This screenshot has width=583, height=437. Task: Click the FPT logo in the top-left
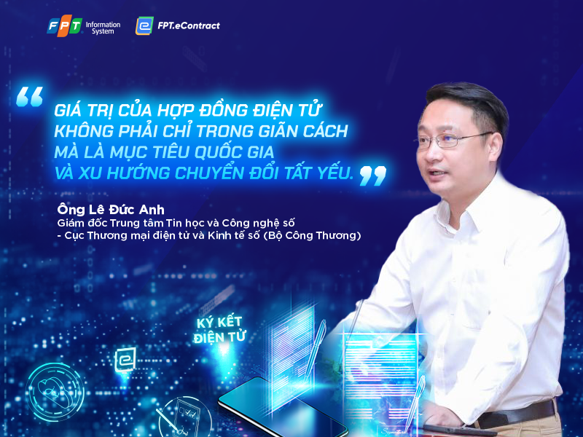coord(64,26)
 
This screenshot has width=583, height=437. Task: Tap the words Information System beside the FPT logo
coord(102,28)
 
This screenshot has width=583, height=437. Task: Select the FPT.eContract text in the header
coord(188,26)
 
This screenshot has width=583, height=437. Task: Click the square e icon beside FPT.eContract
coord(144,26)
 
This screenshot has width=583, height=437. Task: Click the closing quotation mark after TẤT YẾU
coord(372,175)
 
